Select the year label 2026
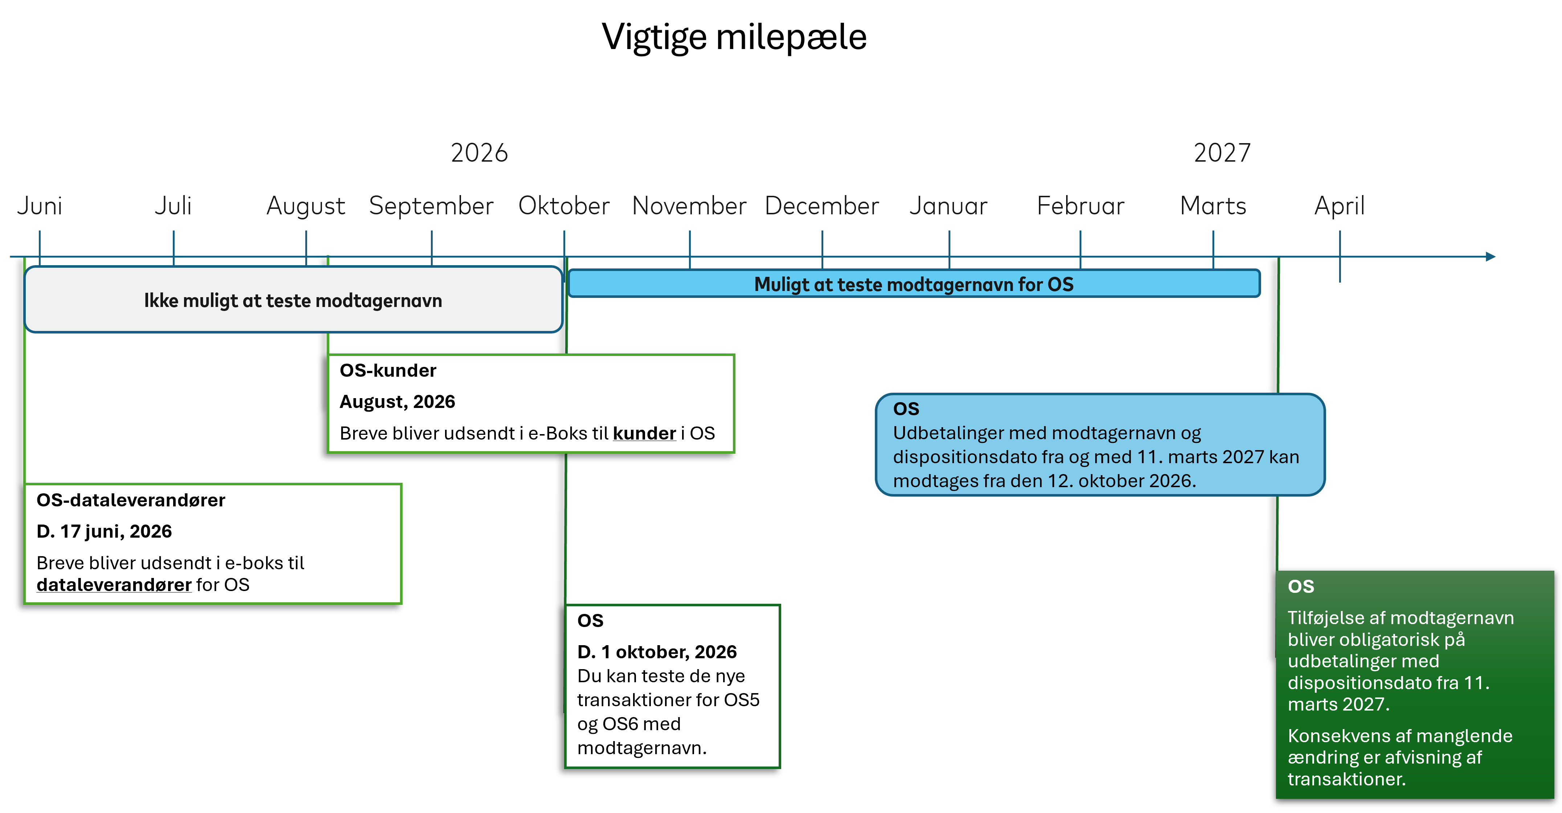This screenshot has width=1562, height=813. click(479, 153)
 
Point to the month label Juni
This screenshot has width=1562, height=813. click(40, 206)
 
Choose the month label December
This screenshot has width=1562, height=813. click(821, 206)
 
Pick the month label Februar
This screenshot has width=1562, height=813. click(1081, 206)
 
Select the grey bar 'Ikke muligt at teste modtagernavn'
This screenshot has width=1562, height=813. click(293, 300)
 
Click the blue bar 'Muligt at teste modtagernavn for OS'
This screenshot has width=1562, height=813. click(914, 283)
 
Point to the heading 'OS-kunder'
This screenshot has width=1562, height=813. click(388, 370)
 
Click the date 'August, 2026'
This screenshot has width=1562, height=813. click(397, 402)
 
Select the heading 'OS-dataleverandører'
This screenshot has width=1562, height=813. click(131, 500)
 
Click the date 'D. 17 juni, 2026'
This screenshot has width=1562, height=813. click(104, 531)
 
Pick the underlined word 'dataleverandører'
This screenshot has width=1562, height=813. click(114, 585)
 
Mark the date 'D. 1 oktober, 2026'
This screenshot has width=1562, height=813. click(657, 652)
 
